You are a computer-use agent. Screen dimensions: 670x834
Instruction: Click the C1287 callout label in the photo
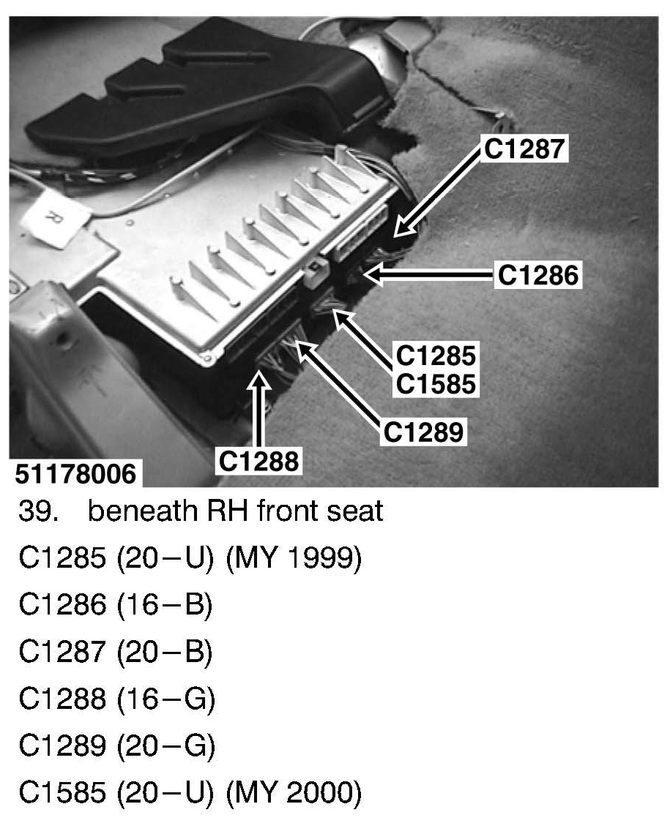click(525, 149)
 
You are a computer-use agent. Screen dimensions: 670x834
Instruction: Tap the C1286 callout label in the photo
click(538, 275)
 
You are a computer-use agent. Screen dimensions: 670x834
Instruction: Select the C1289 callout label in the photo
click(424, 432)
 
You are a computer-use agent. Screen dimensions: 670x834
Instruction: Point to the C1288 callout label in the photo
click(258, 460)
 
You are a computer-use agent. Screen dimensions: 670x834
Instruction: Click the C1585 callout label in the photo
click(436, 383)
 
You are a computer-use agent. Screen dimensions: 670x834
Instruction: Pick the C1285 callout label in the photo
click(436, 356)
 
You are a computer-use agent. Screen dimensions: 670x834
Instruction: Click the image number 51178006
click(76, 474)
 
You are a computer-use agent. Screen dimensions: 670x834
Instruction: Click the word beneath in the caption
click(132, 511)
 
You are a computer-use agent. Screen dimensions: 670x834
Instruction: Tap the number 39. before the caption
click(39, 511)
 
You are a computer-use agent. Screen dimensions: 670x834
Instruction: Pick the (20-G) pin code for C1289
click(165, 746)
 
